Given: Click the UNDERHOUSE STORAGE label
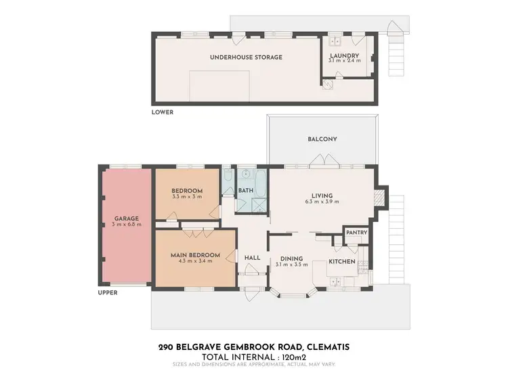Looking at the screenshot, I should [x=246, y=57].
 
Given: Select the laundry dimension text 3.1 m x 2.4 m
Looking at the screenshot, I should [x=343, y=61].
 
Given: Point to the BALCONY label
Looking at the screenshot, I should [x=322, y=139].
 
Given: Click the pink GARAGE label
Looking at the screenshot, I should [x=126, y=218].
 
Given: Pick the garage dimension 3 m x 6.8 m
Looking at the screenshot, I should [x=126, y=224].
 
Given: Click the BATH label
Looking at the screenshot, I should [x=245, y=191].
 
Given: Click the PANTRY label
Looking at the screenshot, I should [x=356, y=233].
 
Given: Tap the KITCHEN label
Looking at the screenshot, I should [x=342, y=261].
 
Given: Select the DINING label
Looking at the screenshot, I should [x=292, y=257].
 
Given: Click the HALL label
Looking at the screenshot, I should [x=253, y=257].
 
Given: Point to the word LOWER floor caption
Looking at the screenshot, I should [x=163, y=112].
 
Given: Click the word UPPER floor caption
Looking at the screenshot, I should [x=108, y=293].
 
